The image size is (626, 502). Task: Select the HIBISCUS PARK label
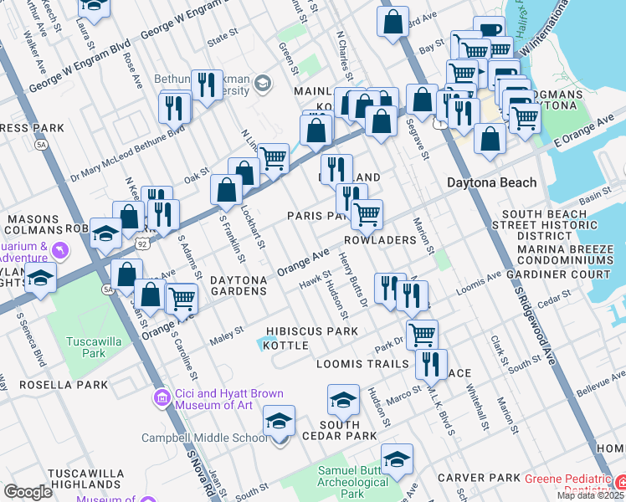(312, 331)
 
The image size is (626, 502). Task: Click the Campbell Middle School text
(205, 438)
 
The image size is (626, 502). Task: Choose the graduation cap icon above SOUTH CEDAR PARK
(343, 402)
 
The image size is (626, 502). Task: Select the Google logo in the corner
(28, 492)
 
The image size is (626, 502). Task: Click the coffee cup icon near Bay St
(490, 31)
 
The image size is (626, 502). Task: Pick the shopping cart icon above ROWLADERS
(367, 214)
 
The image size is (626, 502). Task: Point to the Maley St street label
(226, 332)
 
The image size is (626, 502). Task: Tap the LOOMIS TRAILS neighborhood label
(362, 365)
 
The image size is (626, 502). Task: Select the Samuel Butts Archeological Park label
(352, 482)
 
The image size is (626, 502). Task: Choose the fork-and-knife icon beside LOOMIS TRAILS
(430, 364)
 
